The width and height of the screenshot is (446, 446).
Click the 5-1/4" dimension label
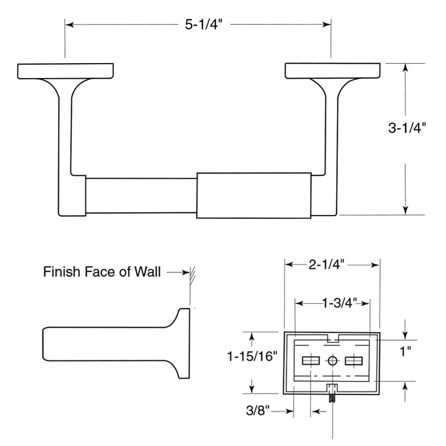coord(198,25)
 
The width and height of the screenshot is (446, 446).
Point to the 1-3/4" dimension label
coord(333,303)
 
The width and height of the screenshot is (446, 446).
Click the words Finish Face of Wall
coord(102,272)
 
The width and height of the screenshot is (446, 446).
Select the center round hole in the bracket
coord(333,361)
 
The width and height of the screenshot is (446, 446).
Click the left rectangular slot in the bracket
coord(310,361)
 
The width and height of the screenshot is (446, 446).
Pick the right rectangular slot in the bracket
coord(354,361)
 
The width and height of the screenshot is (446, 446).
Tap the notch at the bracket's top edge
coord(333,337)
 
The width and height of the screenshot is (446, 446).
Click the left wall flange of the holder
coord(66,71)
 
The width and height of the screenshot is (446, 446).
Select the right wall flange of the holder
coord(333,71)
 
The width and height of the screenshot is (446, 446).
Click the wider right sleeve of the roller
coord(254,195)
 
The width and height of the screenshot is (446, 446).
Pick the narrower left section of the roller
coord(140,195)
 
